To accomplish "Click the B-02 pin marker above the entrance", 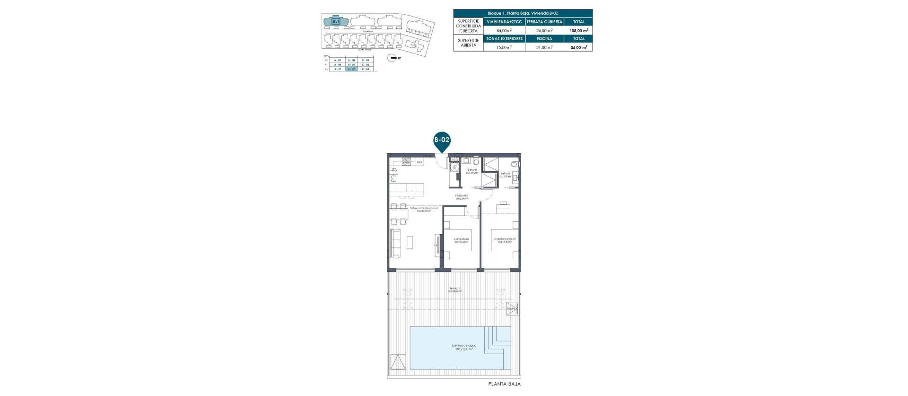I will point(442,141).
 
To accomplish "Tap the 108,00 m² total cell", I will point(578,30).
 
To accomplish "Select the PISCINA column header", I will point(544,39).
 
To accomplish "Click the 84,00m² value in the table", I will point(504,30).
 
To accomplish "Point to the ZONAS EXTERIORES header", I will point(504,39).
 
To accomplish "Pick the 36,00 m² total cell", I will point(578,47).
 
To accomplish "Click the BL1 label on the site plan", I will point(336,21).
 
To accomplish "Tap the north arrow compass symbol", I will point(392,58).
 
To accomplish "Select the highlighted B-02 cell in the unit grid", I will point(351,69).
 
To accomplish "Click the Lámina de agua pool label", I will point(463,347).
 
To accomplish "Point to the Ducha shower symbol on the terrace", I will point(512,308).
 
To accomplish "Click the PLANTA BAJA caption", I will point(504,384).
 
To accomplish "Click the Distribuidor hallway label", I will point(462,197).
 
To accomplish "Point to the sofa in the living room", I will point(395,243).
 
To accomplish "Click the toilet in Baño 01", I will point(476,162).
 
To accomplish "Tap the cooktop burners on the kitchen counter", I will point(406,161).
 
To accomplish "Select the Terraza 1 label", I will point(454,289).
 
